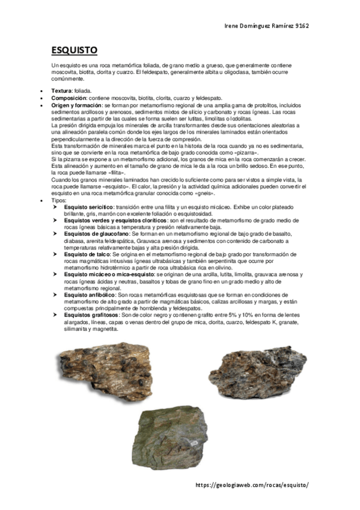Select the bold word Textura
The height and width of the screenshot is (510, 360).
pos(61,90)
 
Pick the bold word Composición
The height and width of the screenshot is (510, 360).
pos(70,97)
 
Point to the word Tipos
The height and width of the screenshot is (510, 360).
pos(59,200)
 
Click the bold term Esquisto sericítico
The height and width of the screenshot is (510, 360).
pos(90,206)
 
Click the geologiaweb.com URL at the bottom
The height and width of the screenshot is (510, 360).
pos(255,485)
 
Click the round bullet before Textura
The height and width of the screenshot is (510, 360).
pos(40,90)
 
